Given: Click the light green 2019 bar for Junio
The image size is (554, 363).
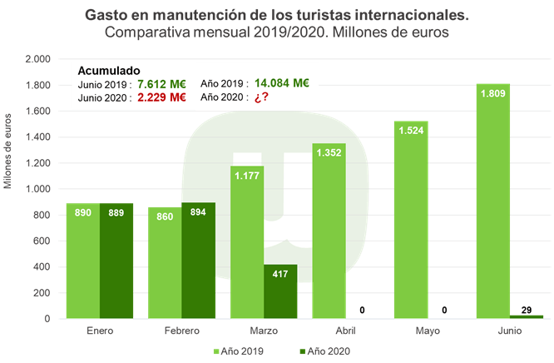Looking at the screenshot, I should click(492, 204).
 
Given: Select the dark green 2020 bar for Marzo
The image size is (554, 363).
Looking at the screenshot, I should click(280, 291).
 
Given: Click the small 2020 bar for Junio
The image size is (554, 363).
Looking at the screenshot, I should click(526, 316).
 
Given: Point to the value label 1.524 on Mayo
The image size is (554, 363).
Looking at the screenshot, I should click(411, 131).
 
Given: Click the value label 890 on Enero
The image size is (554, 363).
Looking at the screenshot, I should click(82, 214).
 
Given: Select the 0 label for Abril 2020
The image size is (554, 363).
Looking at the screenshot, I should click(362, 311).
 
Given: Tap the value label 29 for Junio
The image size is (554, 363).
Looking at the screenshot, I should click(525, 310).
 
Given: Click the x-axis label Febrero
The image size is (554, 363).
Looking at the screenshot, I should click(181, 332).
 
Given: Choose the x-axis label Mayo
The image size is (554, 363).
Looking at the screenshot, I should click(428, 332).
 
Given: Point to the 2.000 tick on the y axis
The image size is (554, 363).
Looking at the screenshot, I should click(37, 60).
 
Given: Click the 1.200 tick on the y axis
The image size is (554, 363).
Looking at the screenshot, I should click(37, 163).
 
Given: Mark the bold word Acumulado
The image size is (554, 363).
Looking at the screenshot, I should click(109, 71).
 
